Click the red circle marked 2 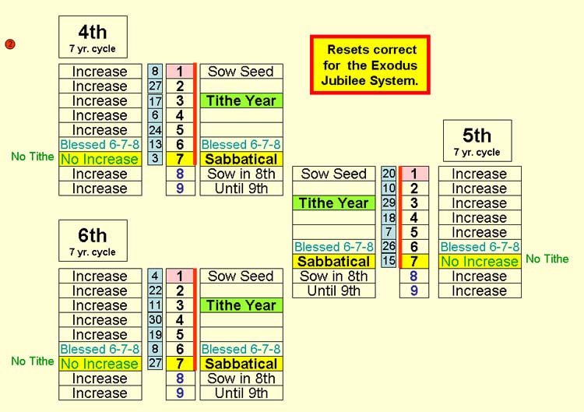click(x=10, y=44)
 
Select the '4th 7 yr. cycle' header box click(x=93, y=37)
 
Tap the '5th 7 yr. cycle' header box click(x=477, y=141)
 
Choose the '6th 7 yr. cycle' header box click(x=93, y=241)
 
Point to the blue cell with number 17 click(x=155, y=100)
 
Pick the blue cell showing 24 click(x=155, y=129)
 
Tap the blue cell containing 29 click(x=389, y=202)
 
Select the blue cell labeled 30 click(x=155, y=319)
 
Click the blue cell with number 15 click(x=389, y=261)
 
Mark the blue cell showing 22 click(x=155, y=291)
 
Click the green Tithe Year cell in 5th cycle click(x=334, y=203)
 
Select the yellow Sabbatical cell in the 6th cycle click(x=241, y=364)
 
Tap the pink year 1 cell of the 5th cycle click(x=414, y=174)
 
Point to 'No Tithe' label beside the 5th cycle click(x=547, y=259)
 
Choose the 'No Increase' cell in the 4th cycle click(x=100, y=159)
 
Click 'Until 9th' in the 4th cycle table click(x=241, y=188)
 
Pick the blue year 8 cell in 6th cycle click(x=181, y=379)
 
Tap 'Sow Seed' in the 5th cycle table click(x=334, y=174)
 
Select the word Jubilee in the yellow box click(x=341, y=80)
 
